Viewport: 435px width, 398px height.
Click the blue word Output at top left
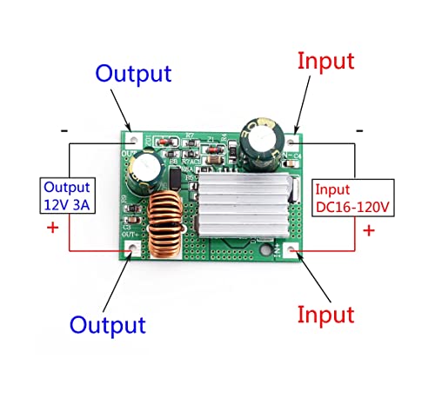pos(133,73)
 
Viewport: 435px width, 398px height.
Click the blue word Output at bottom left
pos(107,325)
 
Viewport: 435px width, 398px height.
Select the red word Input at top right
pos(325,61)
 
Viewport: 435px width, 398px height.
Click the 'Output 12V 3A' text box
pos(71,196)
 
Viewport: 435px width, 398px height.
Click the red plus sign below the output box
pos(51,229)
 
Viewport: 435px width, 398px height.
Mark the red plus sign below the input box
pos(368,230)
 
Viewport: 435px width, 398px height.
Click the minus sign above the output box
pos(64,130)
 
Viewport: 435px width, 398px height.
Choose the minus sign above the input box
pos(358,129)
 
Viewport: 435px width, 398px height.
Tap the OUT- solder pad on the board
pos(132,137)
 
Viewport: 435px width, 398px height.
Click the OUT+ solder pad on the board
pos(132,249)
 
